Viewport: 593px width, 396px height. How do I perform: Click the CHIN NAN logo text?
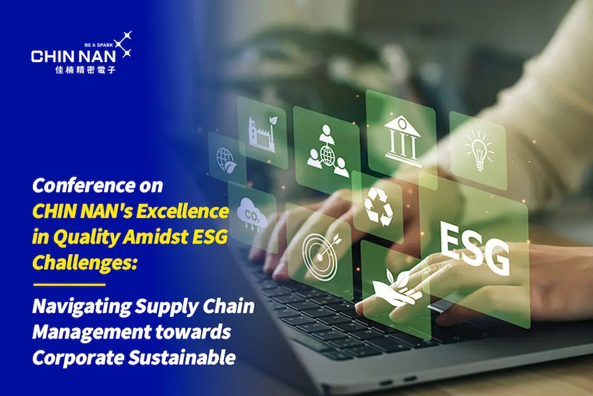click(x=73, y=57)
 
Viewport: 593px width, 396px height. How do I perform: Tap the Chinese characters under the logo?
click(x=85, y=70)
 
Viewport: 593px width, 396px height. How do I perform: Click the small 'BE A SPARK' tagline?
click(x=99, y=45)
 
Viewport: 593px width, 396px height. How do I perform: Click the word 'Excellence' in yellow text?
click(x=182, y=212)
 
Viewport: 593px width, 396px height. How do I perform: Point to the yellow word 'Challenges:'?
click(x=84, y=262)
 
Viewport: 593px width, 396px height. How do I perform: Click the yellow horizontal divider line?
click(x=69, y=284)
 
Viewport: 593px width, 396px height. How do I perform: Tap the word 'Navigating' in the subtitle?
click(x=82, y=307)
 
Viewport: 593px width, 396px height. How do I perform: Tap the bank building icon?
click(x=402, y=141)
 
